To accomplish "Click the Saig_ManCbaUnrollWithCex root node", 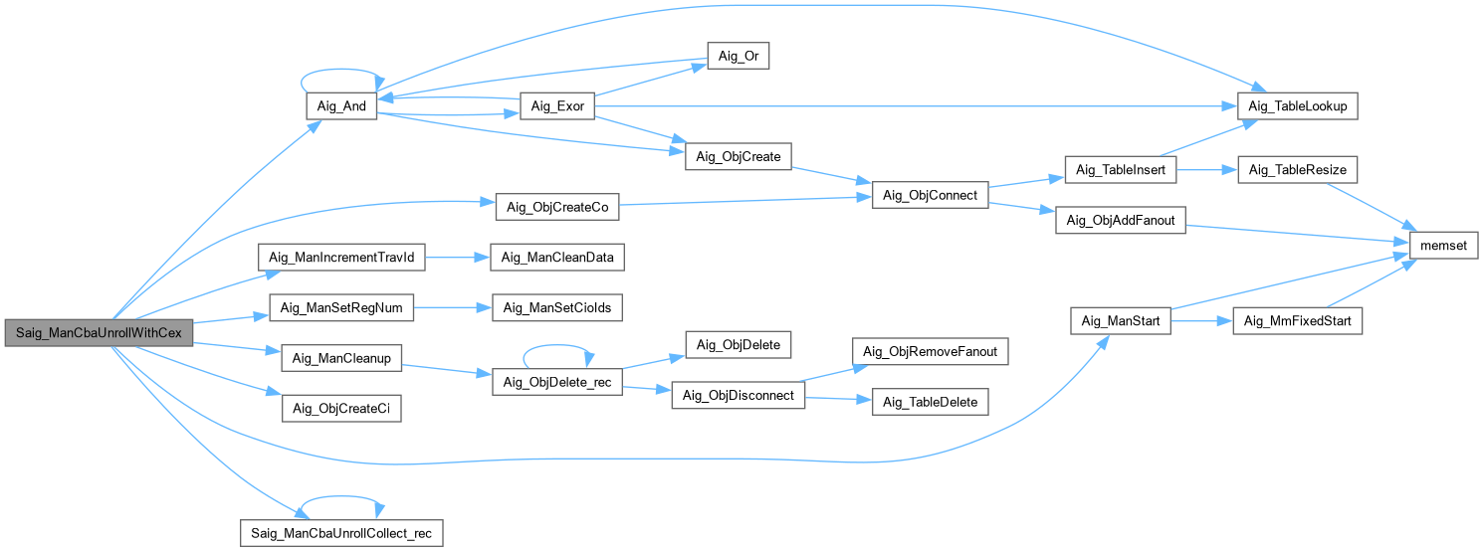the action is click(99, 332).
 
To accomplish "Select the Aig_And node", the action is click(341, 105).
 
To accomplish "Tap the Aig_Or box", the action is click(739, 56).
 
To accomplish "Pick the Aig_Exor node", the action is click(557, 105).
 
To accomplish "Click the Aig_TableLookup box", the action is click(1298, 105).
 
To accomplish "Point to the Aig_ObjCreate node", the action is click(739, 156).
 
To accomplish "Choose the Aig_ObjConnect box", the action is click(931, 195).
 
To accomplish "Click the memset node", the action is click(1444, 245).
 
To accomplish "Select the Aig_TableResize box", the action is click(1298, 169).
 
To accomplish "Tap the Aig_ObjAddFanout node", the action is click(1121, 220).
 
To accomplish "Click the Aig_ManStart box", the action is click(1121, 320).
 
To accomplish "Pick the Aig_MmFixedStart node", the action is click(1298, 320).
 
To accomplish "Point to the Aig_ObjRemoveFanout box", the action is click(931, 351).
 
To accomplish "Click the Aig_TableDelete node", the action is click(931, 402).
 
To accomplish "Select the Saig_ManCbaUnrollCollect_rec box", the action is click(341, 533).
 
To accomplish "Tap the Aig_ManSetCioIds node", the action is click(557, 307).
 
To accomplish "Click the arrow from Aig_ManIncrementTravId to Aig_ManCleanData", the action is click(458, 258).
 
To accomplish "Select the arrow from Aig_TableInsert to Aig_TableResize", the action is click(1207, 170).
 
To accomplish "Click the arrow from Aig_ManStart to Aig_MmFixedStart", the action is click(1201, 321).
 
